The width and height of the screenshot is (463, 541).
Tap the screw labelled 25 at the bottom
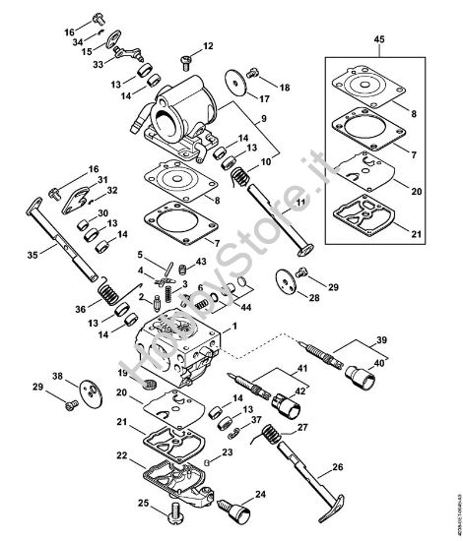[x=173, y=510]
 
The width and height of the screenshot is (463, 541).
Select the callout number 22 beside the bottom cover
[x=121, y=455]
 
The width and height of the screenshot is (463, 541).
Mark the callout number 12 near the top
[x=209, y=45]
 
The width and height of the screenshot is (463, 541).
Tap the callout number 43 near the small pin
[x=200, y=261]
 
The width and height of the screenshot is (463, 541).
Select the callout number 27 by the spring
[x=303, y=428]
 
